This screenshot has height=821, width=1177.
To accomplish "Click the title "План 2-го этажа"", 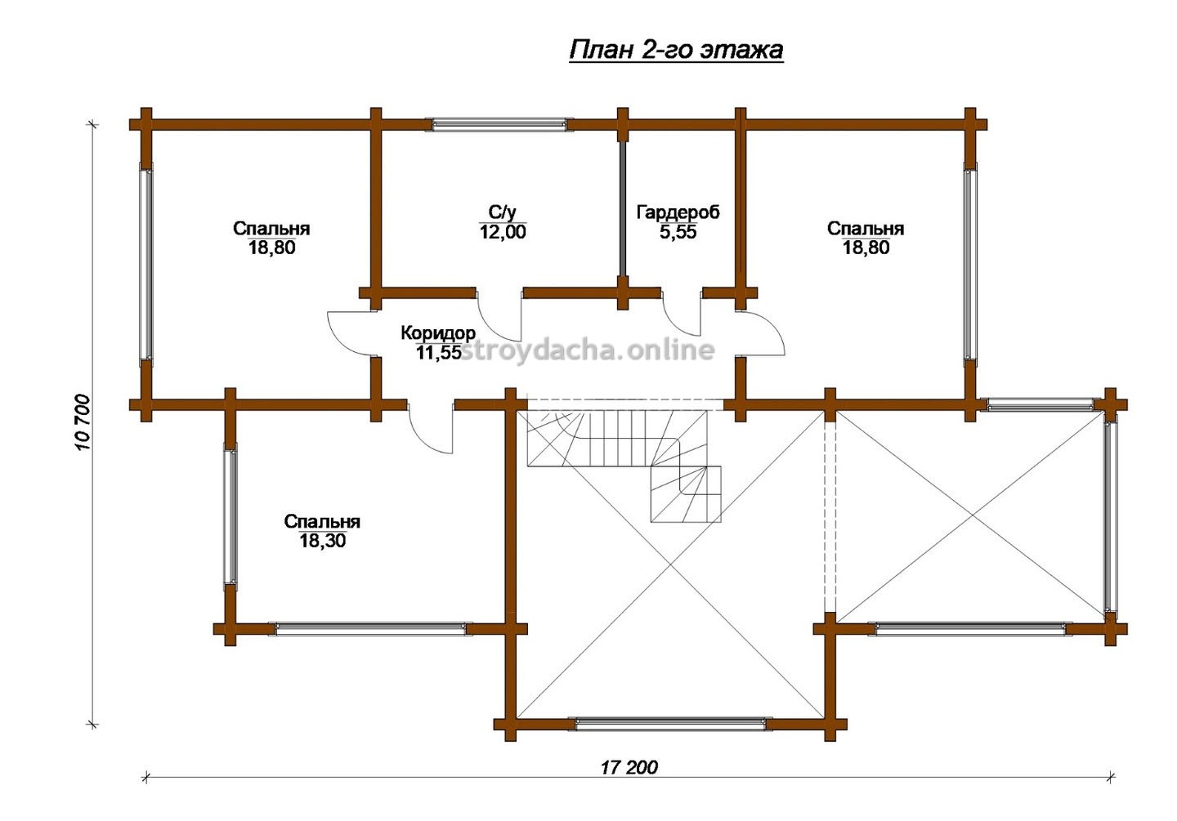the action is (x=676, y=51).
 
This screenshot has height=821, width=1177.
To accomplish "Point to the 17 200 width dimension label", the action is (x=629, y=768).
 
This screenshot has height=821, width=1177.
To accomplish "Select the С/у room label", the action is (x=503, y=212).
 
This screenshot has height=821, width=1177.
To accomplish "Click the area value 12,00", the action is (x=503, y=232).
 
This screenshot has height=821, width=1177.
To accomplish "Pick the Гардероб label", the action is (x=678, y=212).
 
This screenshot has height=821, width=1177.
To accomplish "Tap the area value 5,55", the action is (x=678, y=232).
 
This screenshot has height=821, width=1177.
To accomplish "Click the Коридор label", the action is (x=438, y=333).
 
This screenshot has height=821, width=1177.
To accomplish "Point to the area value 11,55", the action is (x=439, y=352).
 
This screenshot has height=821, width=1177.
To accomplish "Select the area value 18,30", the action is (x=323, y=540).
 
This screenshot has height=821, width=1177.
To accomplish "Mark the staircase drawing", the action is (x=624, y=466).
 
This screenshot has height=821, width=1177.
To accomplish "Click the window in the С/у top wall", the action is (x=499, y=124).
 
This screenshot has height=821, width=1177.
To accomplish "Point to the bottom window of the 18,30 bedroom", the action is (x=370, y=629).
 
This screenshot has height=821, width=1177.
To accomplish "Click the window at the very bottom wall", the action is (x=670, y=725).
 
